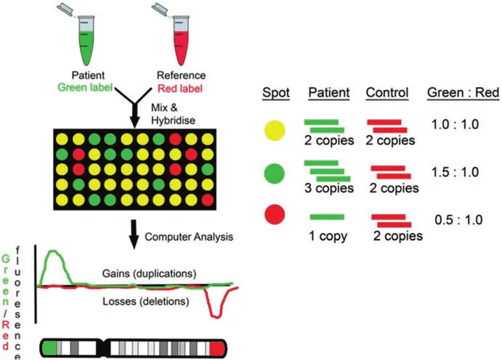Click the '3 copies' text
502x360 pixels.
click(328, 189)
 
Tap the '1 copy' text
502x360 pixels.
click(328, 234)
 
